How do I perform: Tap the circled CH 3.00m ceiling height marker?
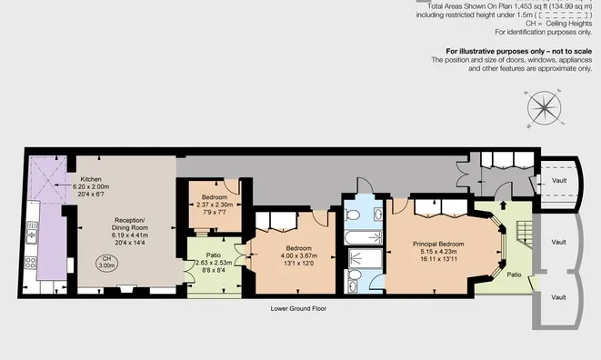click(107, 264)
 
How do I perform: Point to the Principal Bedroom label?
click(438, 245)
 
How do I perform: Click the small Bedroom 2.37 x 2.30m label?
click(215, 197)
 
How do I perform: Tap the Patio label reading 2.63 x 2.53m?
click(214, 255)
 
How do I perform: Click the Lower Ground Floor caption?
click(298, 308)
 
